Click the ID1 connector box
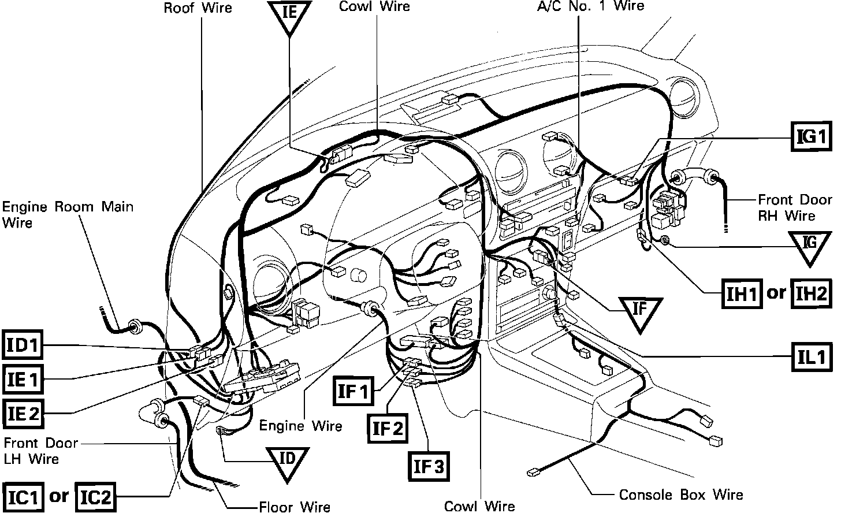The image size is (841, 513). (x=23, y=346)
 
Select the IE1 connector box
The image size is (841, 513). (x=23, y=380)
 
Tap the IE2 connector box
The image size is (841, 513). (x=23, y=414)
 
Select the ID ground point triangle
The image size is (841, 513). (x=287, y=462)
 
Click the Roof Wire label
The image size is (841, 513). (x=198, y=8)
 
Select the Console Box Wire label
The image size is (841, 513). (x=681, y=495)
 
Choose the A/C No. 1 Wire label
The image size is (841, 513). (x=589, y=6)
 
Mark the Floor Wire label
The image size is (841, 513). (x=295, y=507)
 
